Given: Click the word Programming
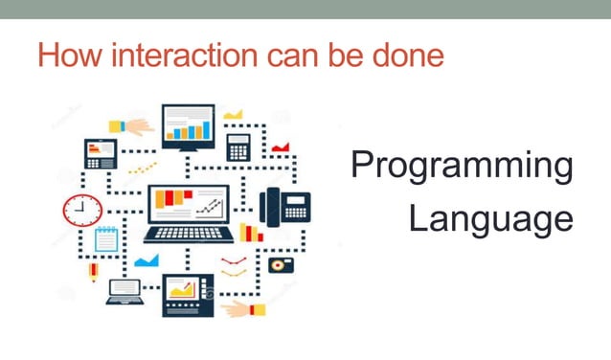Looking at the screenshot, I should (x=462, y=167).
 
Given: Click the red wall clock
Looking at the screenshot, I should (x=82, y=210).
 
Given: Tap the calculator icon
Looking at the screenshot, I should (x=238, y=146).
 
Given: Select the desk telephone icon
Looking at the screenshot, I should (x=285, y=206).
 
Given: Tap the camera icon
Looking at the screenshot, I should (x=281, y=264).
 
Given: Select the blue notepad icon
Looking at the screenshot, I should (x=106, y=238).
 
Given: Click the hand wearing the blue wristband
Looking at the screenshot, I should (x=132, y=126).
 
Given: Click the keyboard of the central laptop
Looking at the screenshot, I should (x=189, y=233).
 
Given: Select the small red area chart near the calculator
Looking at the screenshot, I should (x=280, y=146).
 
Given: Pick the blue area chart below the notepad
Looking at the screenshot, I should (x=146, y=260).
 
